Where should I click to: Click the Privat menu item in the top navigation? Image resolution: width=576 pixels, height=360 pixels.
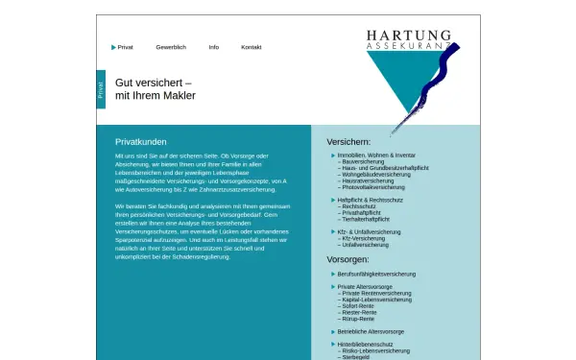pos(125,47)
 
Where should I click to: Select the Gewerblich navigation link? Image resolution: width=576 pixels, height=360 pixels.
pos(171,47)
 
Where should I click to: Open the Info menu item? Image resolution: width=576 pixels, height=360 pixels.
pos(213,47)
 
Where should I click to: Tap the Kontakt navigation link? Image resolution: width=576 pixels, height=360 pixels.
pos(251,47)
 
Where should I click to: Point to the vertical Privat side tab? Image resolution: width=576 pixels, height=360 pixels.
pos(101,89)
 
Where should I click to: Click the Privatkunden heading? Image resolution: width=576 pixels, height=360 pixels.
pos(141,140)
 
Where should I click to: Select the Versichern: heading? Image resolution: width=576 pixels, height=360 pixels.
pos(348,140)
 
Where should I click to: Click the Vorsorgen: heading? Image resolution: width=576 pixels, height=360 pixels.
pos(348,259)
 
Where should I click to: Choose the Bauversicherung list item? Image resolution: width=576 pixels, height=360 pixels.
pos(363,161)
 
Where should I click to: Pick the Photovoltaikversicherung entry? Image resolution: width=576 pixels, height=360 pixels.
pos(373,187)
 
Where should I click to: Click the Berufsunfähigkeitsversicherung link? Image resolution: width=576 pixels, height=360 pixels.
pos(376,274)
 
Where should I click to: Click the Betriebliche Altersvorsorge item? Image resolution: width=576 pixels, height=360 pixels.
pos(371,331)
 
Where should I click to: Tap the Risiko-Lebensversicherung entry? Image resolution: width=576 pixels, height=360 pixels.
pos(375,350)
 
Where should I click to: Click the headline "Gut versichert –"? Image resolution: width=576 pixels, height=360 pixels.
pos(154,82)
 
